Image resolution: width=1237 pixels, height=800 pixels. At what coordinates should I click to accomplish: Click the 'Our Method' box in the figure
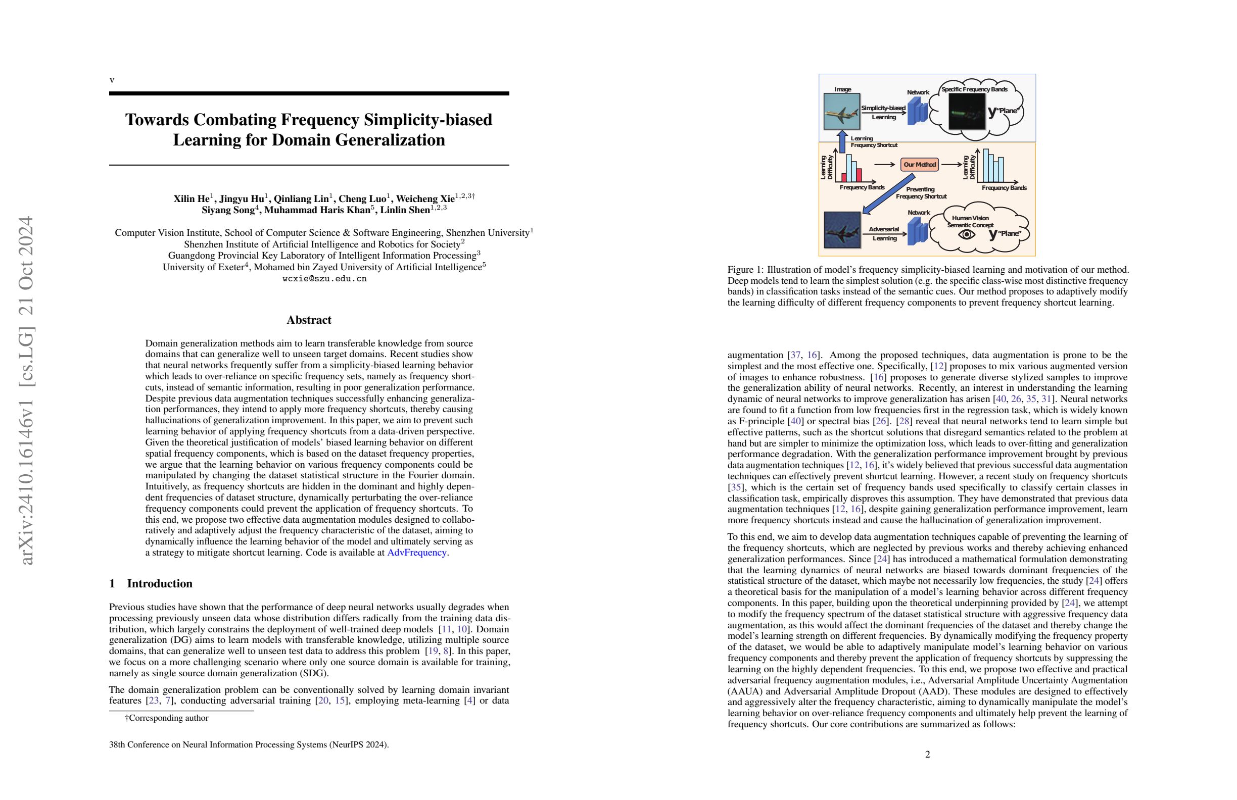click(x=920, y=165)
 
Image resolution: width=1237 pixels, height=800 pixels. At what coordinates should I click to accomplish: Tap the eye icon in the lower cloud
click(x=966, y=235)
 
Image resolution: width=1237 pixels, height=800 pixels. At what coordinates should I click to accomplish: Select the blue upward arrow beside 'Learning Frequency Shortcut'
click(x=842, y=142)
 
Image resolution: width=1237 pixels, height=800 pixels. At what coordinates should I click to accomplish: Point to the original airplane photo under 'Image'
click(x=842, y=111)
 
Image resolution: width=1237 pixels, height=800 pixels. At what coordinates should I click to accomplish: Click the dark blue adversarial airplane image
click(x=842, y=230)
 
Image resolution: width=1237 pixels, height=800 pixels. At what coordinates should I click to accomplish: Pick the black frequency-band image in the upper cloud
click(x=967, y=111)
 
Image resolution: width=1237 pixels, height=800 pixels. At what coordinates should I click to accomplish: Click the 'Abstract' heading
click(x=309, y=320)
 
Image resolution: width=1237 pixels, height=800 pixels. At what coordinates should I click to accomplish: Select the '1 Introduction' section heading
click(x=151, y=583)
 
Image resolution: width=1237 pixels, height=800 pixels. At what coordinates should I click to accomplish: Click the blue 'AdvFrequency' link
click(x=416, y=552)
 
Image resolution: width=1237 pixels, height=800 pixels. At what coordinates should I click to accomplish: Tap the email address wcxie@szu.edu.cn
click(x=324, y=278)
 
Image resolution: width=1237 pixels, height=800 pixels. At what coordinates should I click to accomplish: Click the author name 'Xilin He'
click(x=192, y=198)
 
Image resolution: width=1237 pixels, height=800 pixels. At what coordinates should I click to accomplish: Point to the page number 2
click(x=928, y=754)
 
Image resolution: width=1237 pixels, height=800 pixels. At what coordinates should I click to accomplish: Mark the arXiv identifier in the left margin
click(x=26, y=389)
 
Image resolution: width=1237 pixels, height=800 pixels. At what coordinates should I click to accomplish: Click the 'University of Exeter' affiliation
click(x=203, y=267)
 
